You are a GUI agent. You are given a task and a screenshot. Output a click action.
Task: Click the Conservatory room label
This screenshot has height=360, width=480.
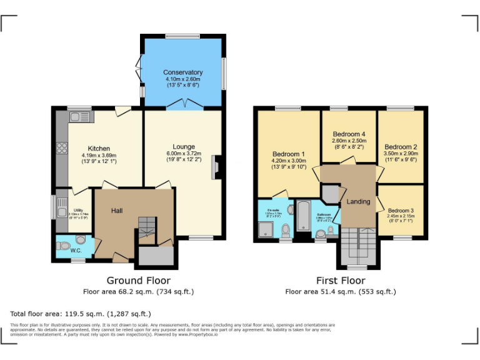tap(183, 72)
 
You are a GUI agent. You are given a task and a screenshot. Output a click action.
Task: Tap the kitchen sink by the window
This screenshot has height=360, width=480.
tap(79, 116)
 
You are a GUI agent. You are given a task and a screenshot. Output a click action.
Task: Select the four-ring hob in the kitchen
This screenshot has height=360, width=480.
tap(62, 148)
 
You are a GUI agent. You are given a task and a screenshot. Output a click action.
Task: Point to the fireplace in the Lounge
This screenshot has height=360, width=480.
tap(216, 167)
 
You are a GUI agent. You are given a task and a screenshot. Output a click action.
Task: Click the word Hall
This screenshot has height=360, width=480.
tap(117, 211)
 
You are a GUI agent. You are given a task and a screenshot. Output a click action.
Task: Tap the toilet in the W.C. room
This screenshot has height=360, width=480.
tap(80, 239)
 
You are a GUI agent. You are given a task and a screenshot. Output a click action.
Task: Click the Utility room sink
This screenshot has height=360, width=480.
tap(61, 204)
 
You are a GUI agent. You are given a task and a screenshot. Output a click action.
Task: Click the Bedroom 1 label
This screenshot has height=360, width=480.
tap(288, 154)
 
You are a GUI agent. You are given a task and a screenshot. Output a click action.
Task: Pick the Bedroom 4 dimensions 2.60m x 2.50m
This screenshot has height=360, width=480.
tap(349, 141)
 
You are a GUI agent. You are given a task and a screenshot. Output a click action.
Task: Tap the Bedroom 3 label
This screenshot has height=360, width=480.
tap(401, 211)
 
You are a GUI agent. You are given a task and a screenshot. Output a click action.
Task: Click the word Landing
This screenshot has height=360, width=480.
tap(358, 201)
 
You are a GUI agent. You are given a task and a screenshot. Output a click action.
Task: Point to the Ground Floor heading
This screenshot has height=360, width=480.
tap(138, 281)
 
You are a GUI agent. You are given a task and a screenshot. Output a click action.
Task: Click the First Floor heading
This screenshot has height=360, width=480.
tap(341, 281)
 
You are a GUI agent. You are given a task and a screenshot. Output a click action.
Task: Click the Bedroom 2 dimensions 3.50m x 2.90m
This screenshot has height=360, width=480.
tap(401, 153)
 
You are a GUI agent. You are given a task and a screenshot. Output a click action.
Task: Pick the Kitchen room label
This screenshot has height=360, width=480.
tap(99, 149)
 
